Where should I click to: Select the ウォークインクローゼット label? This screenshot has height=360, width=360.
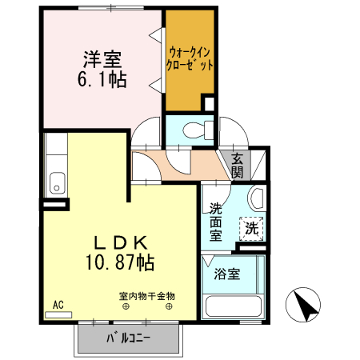click(190, 59)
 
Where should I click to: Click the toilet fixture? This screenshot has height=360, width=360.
click(195, 128)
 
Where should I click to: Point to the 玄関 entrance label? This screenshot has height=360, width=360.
click(238, 166)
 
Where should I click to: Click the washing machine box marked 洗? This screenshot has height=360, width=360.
click(253, 227)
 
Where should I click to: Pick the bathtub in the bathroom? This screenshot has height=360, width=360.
click(233, 306)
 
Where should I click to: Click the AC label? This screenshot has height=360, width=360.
click(58, 305)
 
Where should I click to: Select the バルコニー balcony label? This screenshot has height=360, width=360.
click(128, 338)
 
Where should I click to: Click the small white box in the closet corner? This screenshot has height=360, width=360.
click(208, 103)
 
